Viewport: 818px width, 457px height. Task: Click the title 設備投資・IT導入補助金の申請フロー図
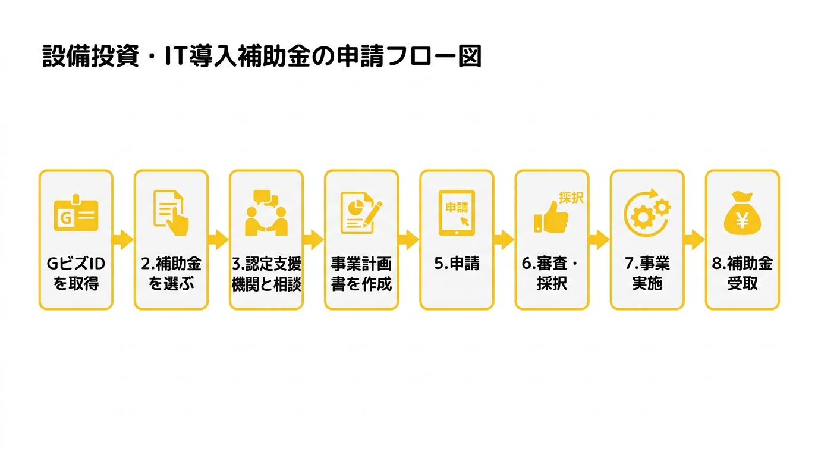pyautogui.click(x=262, y=57)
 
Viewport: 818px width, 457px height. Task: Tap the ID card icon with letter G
pyautogui.click(x=76, y=213)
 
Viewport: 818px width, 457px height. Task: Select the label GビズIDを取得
pyautogui.click(x=76, y=274)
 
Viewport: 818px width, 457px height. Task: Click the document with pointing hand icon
pyautogui.click(x=171, y=212)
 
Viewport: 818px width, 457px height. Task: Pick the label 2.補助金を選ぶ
pyautogui.click(x=171, y=274)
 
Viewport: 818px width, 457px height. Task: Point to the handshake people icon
pyautogui.click(x=266, y=212)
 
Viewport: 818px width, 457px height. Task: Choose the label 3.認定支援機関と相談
pyautogui.click(x=266, y=274)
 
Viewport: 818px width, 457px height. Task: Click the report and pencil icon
pyautogui.click(x=361, y=213)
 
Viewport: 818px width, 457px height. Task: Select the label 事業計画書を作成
pyautogui.click(x=361, y=274)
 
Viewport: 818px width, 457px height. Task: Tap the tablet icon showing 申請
pyautogui.click(x=457, y=213)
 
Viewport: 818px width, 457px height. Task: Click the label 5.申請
pyautogui.click(x=457, y=264)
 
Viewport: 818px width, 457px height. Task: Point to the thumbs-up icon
pyautogui.click(x=551, y=217)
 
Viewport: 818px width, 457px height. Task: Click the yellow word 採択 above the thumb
pyautogui.click(x=571, y=198)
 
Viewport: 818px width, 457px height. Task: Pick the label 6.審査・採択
pyautogui.click(x=551, y=274)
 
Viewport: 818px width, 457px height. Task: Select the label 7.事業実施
pyautogui.click(x=647, y=274)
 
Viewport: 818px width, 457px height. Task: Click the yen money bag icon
pyautogui.click(x=742, y=213)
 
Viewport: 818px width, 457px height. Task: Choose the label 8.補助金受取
pyautogui.click(x=743, y=274)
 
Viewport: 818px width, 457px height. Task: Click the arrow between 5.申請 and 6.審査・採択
pyautogui.click(x=504, y=240)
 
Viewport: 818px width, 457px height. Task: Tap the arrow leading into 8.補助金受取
pyautogui.click(x=694, y=240)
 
